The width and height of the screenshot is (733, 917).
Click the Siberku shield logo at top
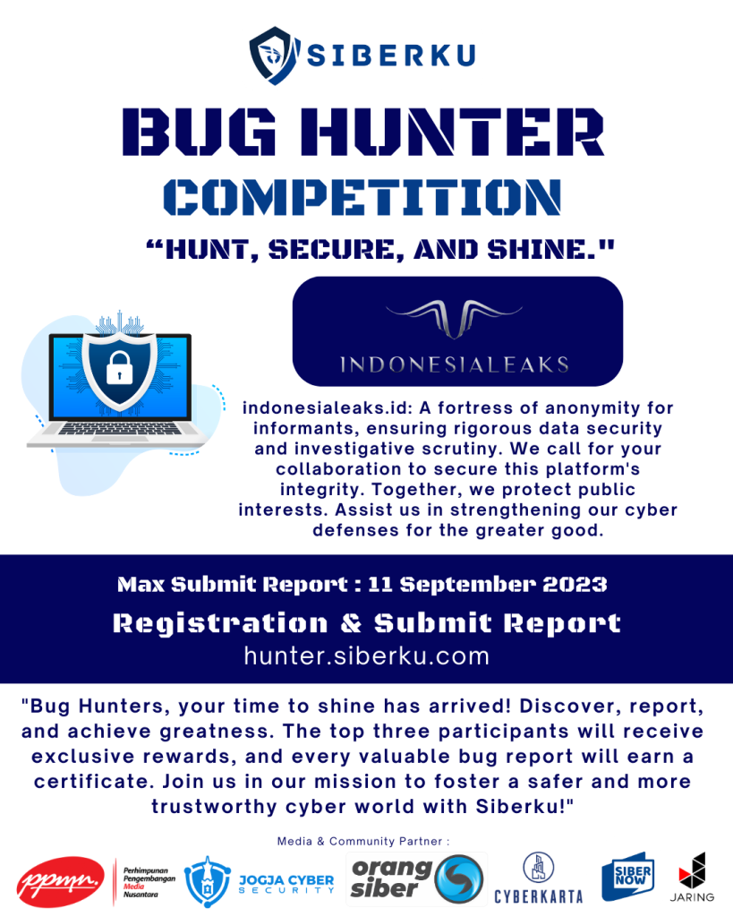(x=274, y=56)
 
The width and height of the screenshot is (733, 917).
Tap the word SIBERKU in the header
(x=391, y=56)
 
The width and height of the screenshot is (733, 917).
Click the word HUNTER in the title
(x=453, y=132)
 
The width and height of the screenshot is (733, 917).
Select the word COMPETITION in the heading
(x=362, y=197)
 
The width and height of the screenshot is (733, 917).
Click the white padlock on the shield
(x=119, y=368)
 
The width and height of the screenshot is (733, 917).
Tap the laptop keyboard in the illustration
(x=119, y=429)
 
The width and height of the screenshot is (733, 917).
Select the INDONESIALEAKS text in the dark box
(x=455, y=365)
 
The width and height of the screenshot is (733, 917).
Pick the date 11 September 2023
(x=488, y=584)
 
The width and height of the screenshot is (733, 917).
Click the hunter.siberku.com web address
(x=367, y=656)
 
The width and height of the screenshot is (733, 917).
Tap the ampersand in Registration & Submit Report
(x=352, y=623)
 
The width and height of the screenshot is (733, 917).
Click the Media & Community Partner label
(x=363, y=841)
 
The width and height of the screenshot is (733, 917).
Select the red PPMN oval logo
(x=60, y=881)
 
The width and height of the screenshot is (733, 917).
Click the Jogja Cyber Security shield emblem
(x=207, y=881)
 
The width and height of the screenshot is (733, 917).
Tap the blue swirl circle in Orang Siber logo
(x=459, y=879)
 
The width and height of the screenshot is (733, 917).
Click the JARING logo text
(x=692, y=897)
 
